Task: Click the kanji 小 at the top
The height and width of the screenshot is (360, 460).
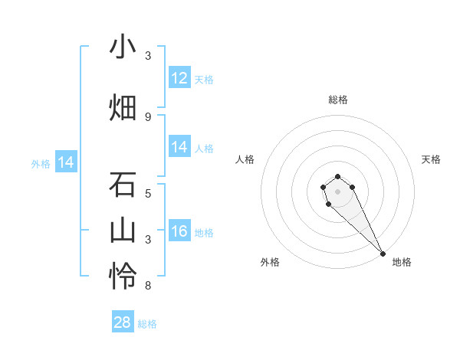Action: point(123,47)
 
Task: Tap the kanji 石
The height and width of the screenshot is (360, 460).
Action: point(123,185)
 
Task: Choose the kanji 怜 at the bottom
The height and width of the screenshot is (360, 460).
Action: point(123,276)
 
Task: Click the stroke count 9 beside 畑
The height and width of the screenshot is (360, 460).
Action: point(148,116)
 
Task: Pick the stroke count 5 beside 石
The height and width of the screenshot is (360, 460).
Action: point(148,193)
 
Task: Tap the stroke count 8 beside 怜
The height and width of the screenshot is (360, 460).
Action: point(148,286)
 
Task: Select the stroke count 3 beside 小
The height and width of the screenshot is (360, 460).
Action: point(148,56)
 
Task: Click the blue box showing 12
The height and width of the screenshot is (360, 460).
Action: point(179,77)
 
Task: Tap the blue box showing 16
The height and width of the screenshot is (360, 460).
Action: point(179,231)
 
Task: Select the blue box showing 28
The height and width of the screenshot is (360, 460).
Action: point(123,322)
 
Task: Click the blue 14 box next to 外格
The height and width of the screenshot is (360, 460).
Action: point(66,162)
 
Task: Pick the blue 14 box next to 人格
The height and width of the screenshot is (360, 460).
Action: point(179,147)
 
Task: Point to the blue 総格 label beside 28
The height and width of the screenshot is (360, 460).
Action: point(147,324)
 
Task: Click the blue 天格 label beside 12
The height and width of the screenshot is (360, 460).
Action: point(204,79)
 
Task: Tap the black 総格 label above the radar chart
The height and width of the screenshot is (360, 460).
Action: point(338,100)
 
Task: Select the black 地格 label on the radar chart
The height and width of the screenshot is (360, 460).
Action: point(402,262)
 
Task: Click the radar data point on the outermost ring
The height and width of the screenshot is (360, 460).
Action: point(383,253)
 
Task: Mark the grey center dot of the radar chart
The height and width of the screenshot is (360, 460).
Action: point(337,191)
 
